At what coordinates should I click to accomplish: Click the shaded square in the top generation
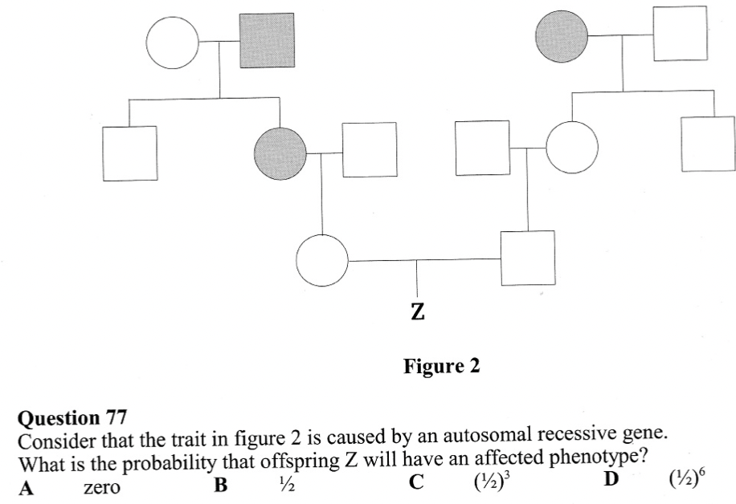[x=267, y=40]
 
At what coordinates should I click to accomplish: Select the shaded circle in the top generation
[x=562, y=36]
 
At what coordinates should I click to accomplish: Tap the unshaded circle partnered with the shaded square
[x=172, y=40]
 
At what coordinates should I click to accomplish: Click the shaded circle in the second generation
[x=279, y=151]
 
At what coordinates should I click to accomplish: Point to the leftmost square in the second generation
[x=129, y=152]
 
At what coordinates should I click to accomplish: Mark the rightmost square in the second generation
[x=708, y=144]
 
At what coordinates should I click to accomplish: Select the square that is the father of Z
[x=527, y=258]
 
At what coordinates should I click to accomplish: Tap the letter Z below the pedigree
[x=416, y=311]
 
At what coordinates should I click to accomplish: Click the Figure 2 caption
[x=441, y=367]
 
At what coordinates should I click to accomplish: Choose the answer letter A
[x=26, y=488]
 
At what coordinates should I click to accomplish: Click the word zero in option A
[x=101, y=488]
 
